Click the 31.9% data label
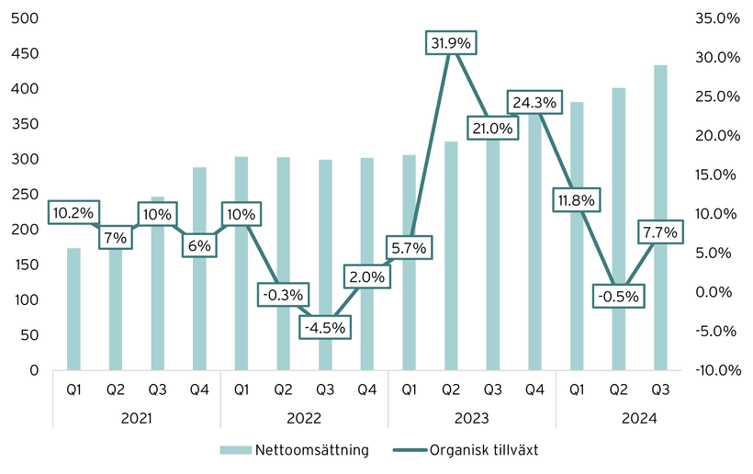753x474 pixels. pos(451,42)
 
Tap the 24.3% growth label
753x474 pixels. pos(534,103)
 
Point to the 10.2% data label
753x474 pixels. pos(73,213)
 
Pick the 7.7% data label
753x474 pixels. pos(660,232)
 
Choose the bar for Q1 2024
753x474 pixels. pos(577,276)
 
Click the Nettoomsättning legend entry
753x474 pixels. pos(295,450)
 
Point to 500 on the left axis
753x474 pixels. pos(26,18)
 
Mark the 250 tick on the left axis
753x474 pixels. pos(26,195)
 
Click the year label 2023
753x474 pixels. pos(471,419)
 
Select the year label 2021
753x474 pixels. pos(136,419)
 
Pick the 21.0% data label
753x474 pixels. pos(492,129)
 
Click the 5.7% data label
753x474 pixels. pos(409,247)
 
